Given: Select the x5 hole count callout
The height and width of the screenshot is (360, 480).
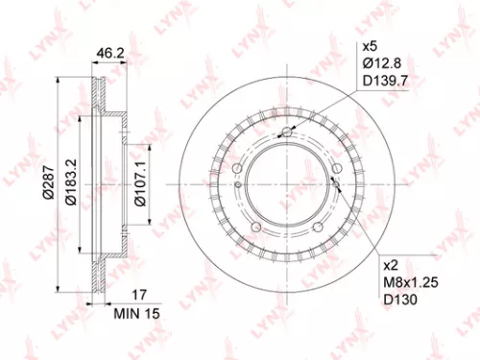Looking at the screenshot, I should click(x=370, y=45).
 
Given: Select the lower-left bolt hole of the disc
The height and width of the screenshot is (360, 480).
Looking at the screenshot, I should click(x=256, y=227).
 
